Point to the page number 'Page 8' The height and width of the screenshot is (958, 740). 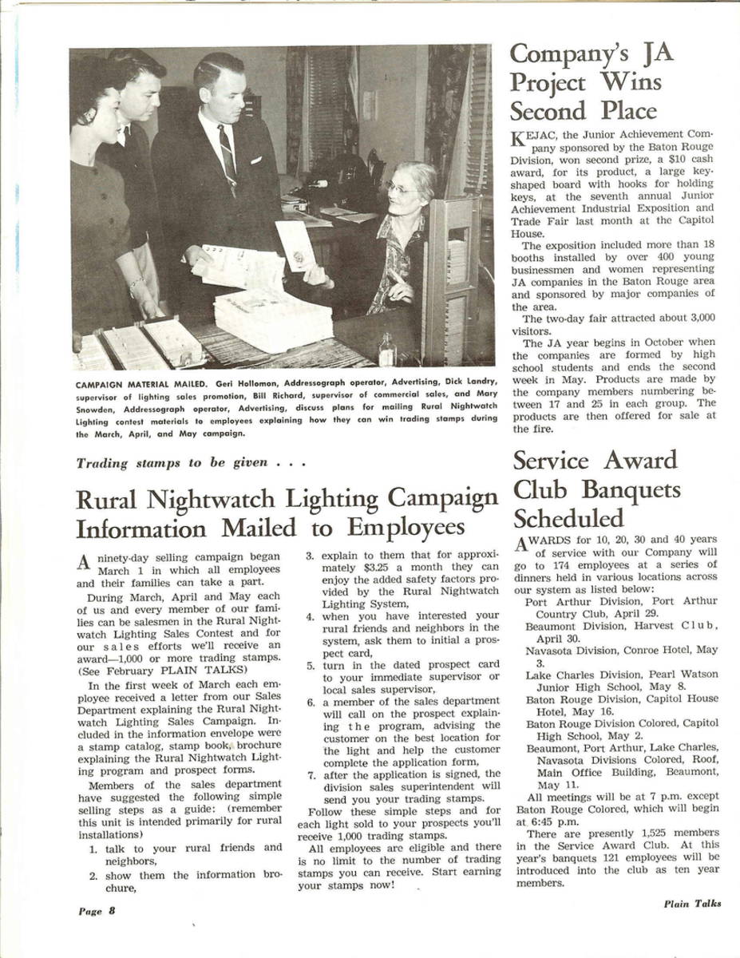click(97, 911)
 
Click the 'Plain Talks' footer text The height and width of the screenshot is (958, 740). click(691, 904)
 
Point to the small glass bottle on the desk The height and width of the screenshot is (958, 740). click(386, 349)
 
